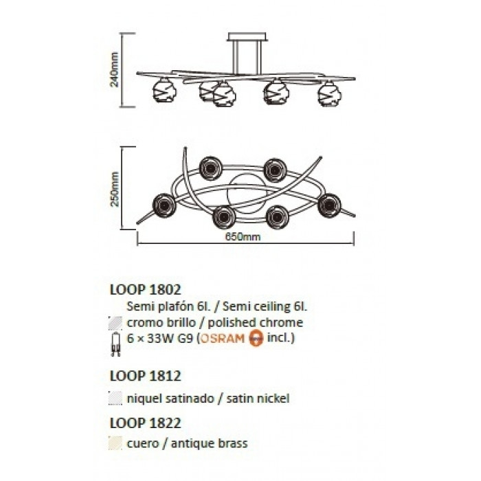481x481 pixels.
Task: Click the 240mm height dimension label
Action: point(114,69)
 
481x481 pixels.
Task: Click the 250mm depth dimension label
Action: point(115,189)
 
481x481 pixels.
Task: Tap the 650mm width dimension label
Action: point(243,237)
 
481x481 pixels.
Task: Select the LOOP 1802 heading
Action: point(146,289)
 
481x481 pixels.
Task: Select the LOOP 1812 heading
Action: point(146,376)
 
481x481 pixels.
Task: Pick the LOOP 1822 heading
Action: point(146,423)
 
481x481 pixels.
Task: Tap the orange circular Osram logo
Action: point(256,339)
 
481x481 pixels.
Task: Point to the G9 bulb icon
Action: point(115,344)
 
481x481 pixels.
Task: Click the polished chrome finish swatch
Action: point(115,323)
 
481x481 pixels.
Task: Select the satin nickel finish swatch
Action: point(115,399)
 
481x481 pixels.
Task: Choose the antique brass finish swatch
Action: point(115,443)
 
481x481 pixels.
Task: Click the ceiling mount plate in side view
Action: point(247,37)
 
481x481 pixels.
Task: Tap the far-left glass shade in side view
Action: point(165,90)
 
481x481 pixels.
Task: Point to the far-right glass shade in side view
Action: point(329,93)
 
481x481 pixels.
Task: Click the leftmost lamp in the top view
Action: point(164,205)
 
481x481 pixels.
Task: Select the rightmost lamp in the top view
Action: point(329,205)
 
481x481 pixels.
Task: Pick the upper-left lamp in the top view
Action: point(210,168)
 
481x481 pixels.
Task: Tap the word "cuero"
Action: point(142,444)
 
